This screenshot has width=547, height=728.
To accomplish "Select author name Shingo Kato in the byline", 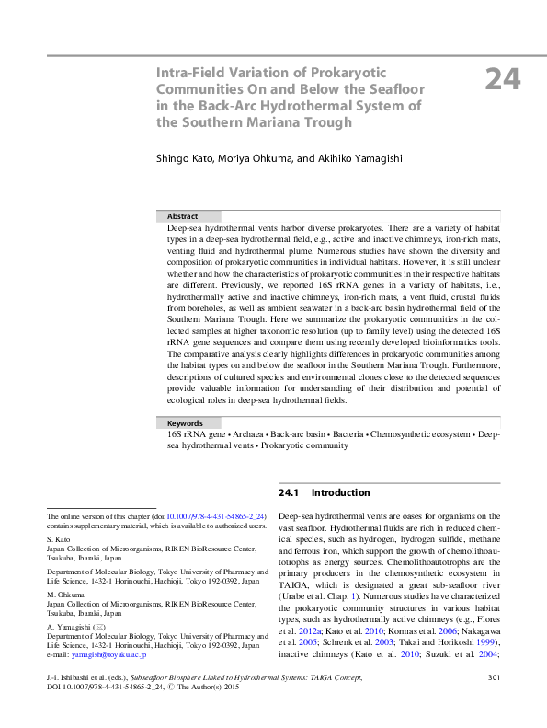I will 189,158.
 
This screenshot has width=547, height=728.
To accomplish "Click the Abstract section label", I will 182,215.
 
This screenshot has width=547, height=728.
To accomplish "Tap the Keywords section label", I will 185,422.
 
